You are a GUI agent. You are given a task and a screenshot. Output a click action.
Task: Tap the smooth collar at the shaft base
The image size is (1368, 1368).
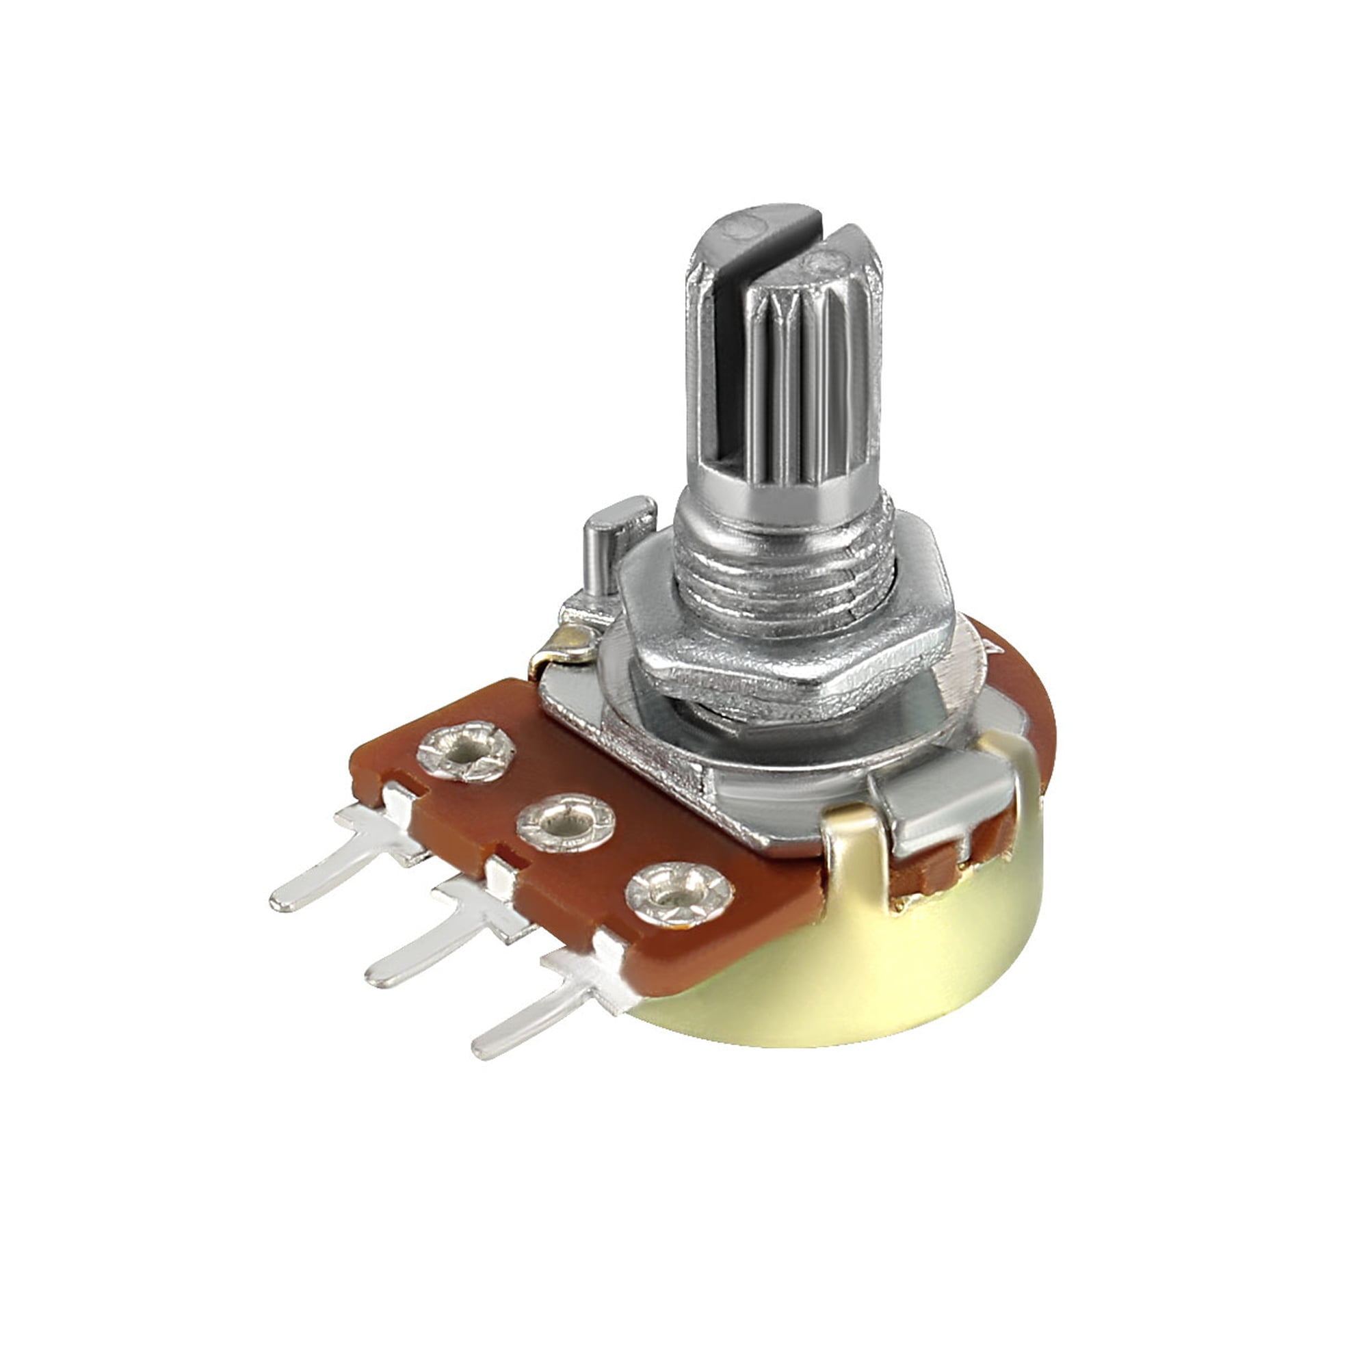[779, 496]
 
